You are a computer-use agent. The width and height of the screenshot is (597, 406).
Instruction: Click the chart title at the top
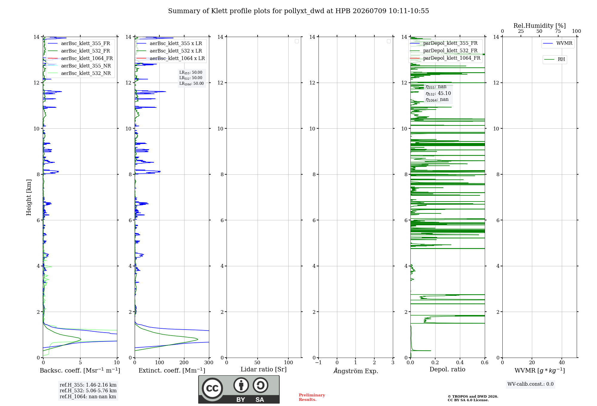[x=298, y=11]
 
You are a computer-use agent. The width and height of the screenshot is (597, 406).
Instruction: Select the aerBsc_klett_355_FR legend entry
[x=79, y=43]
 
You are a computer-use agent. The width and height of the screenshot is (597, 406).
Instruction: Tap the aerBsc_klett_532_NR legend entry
[x=79, y=73]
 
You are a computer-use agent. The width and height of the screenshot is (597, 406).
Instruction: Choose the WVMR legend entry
[x=558, y=43]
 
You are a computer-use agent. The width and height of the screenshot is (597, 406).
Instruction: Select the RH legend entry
[x=555, y=59]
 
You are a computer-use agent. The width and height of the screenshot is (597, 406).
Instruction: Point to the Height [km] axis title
[x=29, y=197]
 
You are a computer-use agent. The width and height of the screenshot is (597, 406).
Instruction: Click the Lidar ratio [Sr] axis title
[x=264, y=369]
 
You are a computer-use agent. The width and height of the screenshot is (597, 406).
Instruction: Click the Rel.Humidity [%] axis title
[x=540, y=26]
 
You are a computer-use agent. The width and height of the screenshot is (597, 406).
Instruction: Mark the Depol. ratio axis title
[x=447, y=369]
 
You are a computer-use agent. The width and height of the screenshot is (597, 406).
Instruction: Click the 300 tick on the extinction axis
[x=209, y=362]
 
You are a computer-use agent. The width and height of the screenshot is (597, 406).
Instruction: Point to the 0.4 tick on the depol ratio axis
[x=460, y=362]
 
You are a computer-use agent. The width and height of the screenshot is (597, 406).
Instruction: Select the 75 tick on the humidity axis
[x=558, y=31]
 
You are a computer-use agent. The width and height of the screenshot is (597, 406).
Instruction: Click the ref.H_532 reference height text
[x=88, y=390]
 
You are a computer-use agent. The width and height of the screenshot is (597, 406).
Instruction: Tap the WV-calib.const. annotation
[x=530, y=384]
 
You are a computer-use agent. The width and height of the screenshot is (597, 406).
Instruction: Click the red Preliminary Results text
[x=312, y=397]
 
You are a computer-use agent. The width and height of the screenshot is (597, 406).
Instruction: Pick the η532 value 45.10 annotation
[x=438, y=93]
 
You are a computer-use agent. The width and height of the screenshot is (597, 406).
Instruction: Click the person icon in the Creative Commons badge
[x=241, y=385]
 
